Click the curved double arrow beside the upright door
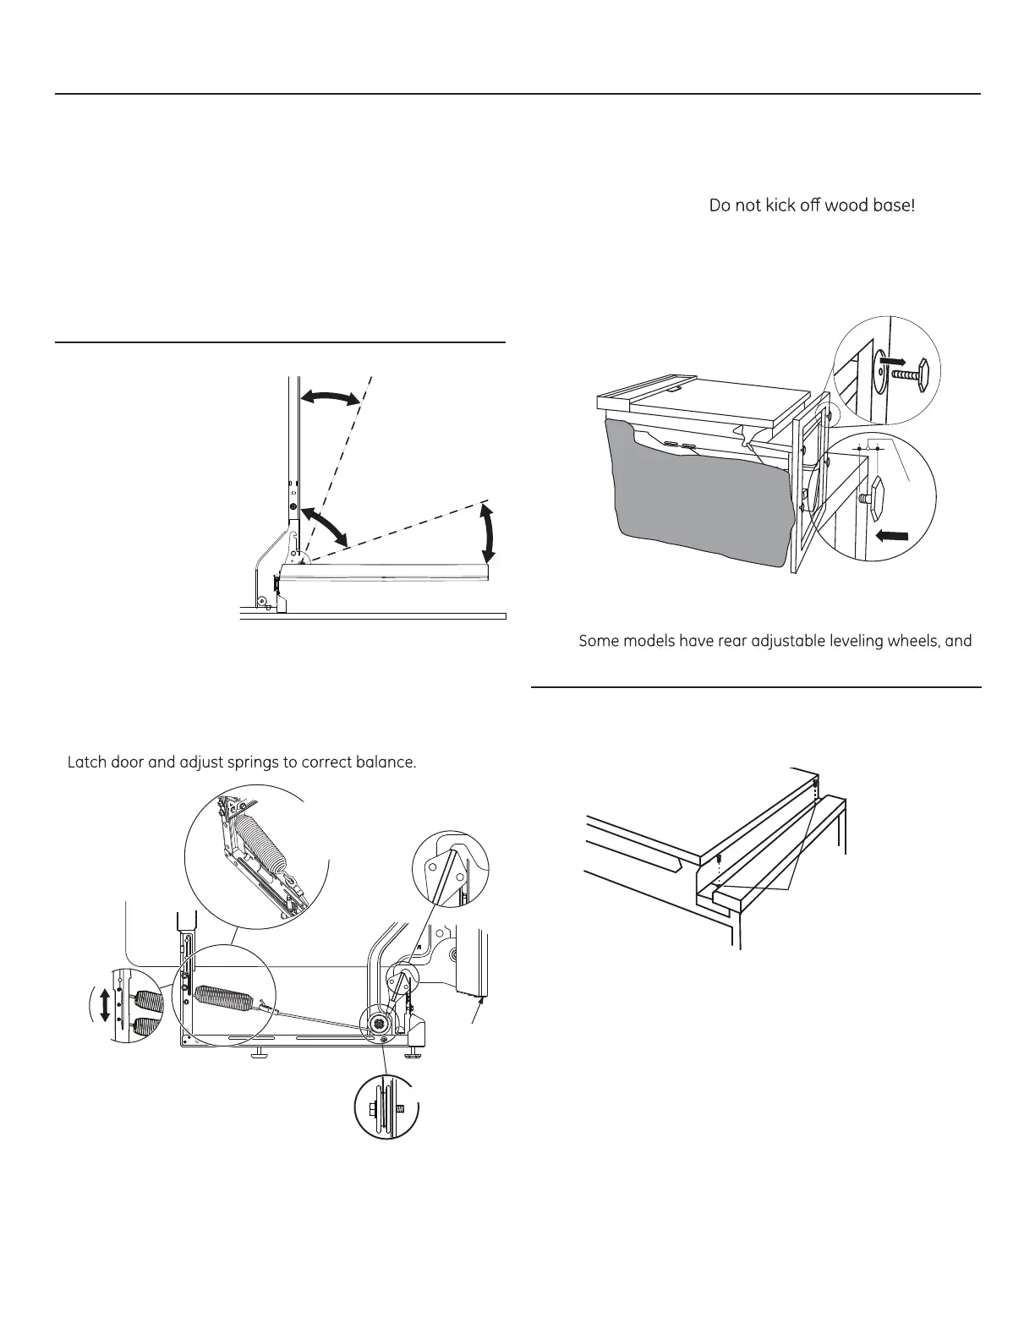[331, 398]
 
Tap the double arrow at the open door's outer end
[488, 531]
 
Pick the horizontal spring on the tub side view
[222, 998]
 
